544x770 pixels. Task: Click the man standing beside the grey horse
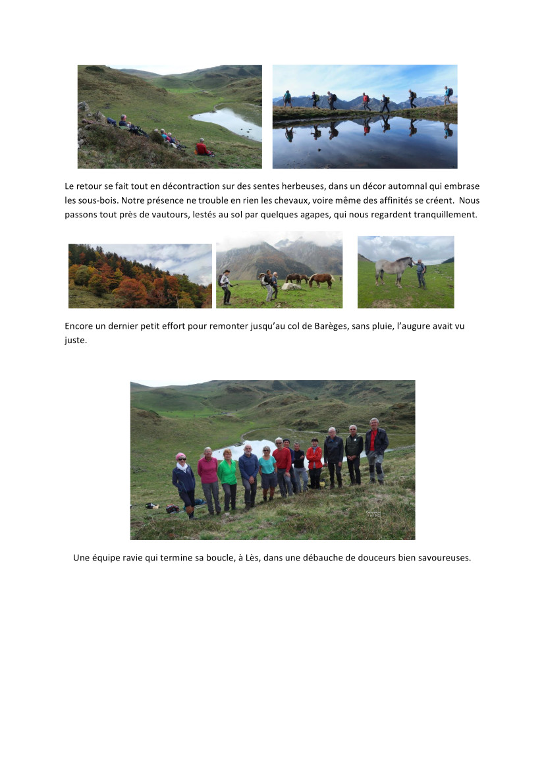(x=420, y=273)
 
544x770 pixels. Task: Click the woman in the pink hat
(x=184, y=481)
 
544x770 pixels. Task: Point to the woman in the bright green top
(x=228, y=478)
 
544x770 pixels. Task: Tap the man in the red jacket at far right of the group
(x=376, y=451)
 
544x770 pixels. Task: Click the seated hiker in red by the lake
(x=202, y=148)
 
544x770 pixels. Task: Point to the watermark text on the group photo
(x=373, y=513)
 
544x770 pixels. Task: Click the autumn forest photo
(x=140, y=275)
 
